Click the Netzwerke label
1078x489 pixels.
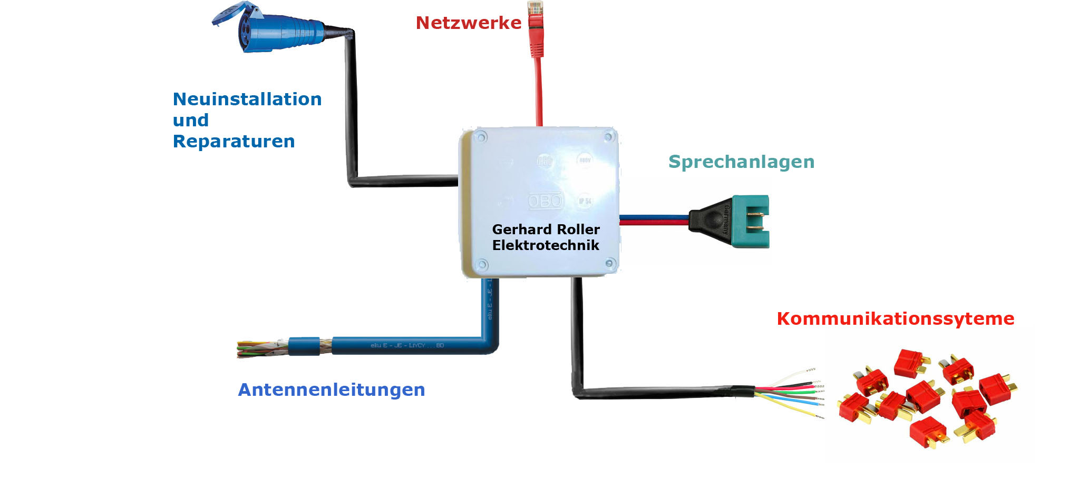pos(468,23)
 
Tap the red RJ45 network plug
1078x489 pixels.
pos(536,26)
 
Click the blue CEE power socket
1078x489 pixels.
pos(269,29)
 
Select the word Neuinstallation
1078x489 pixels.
pos(247,99)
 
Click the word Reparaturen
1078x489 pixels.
pos(234,142)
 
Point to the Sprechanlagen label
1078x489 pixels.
pos(741,162)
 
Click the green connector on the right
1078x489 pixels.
pos(751,221)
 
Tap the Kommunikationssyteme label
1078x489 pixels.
pos(895,319)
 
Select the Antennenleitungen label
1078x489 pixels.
pos(331,390)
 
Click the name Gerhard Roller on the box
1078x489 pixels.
pos(546,229)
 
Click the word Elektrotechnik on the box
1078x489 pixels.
pos(546,245)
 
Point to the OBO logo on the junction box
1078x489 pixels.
pos(546,201)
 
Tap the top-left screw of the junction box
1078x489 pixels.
pos(480,138)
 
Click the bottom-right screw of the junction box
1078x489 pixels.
pos(609,263)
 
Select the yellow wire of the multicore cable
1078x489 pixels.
pos(791,407)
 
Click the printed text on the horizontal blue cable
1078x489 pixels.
pos(407,346)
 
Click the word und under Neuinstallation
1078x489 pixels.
pos(190,121)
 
